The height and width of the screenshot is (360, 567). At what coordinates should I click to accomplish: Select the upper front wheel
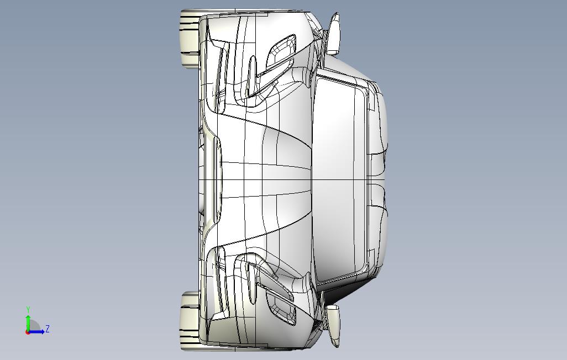click(x=189, y=39)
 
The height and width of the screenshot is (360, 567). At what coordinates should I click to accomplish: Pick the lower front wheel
click(x=189, y=321)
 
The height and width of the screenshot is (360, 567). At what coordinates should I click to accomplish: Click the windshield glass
click(x=339, y=179)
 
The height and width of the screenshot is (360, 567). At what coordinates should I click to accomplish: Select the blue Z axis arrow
click(x=36, y=331)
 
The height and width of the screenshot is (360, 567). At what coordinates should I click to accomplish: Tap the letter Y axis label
click(x=28, y=310)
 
